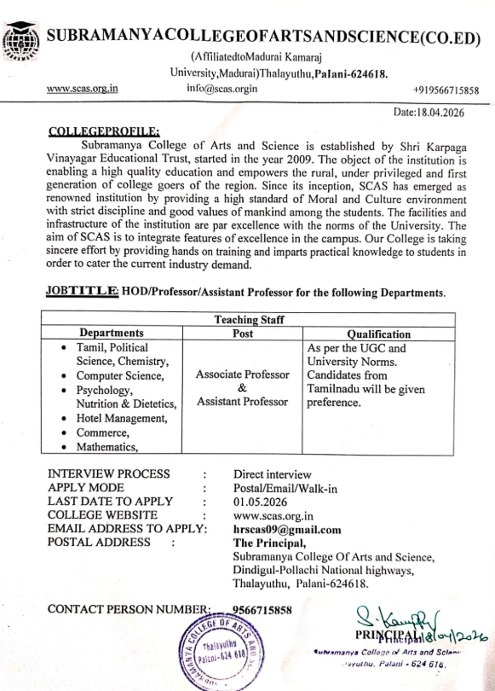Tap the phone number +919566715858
(x=445, y=89)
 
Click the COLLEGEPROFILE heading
(x=104, y=131)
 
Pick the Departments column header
(x=112, y=334)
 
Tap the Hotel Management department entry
(x=127, y=417)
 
